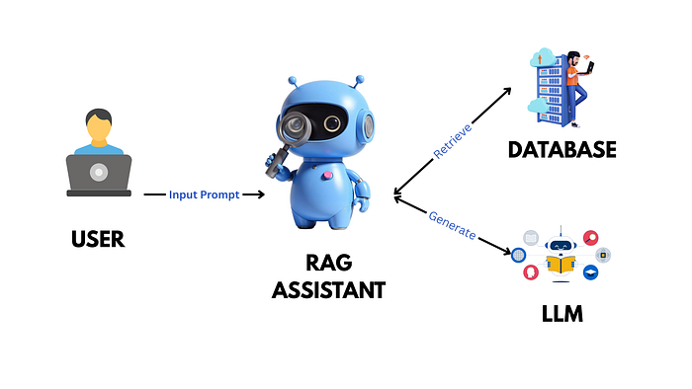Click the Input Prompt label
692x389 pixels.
click(x=204, y=194)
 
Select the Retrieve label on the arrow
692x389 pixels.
click(x=453, y=139)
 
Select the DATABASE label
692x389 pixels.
click(x=562, y=150)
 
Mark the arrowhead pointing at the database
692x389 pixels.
click(x=508, y=91)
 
